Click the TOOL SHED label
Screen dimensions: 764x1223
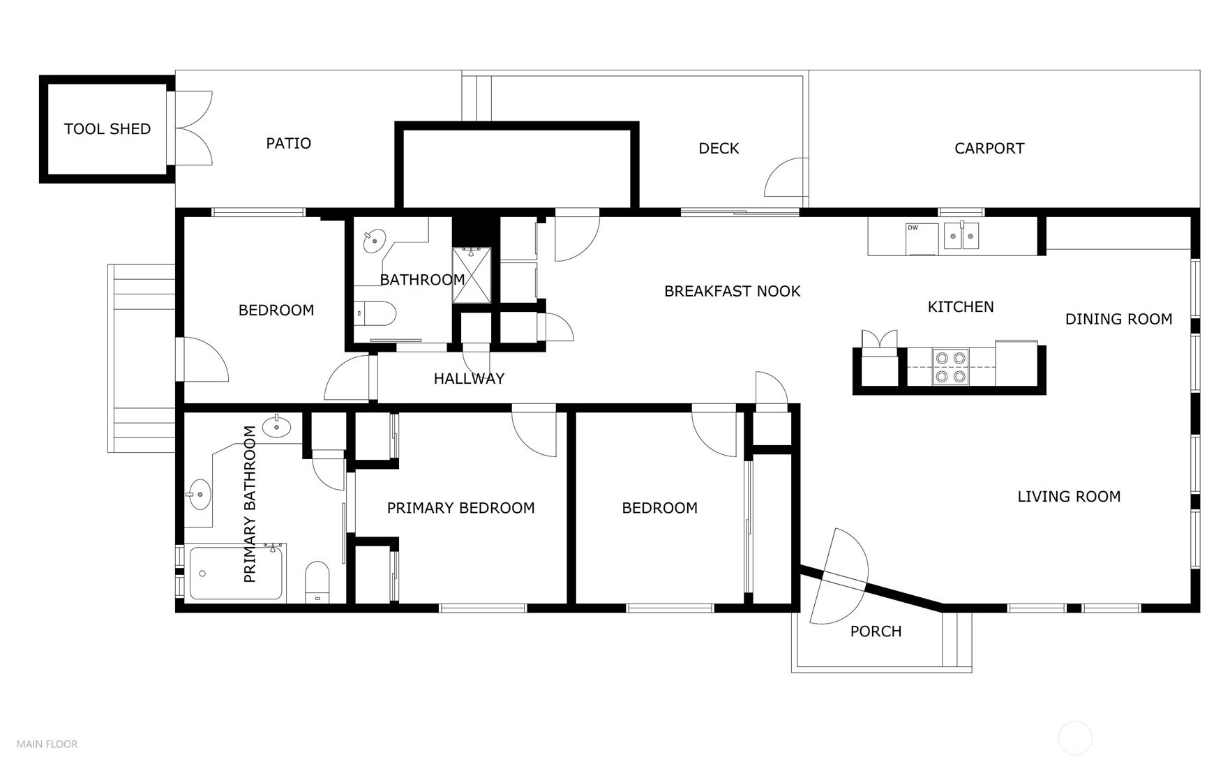coord(107,129)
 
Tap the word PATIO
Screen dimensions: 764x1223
coord(288,143)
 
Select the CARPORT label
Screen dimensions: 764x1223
coord(989,149)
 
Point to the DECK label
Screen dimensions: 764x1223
coord(719,149)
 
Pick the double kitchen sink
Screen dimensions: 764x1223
coord(961,236)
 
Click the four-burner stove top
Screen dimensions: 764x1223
coord(951,367)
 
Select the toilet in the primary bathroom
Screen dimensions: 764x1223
coord(317,582)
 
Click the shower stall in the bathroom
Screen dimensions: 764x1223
coord(472,275)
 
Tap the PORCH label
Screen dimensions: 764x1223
coord(876,631)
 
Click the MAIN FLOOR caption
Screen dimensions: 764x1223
coord(47,744)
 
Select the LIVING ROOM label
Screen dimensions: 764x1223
coord(1068,497)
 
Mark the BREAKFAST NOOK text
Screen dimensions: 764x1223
coord(732,292)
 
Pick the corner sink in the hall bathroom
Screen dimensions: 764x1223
coord(375,241)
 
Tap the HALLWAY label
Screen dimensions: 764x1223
coord(469,379)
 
